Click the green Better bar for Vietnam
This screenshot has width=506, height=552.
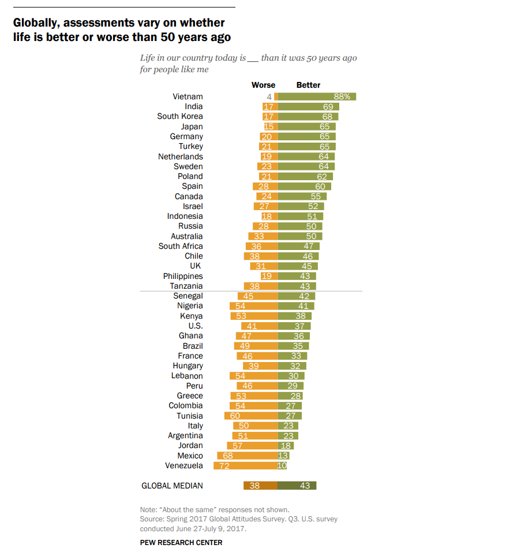tap(317, 96)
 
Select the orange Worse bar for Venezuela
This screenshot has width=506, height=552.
tap(245, 466)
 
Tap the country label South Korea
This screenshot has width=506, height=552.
tap(179, 116)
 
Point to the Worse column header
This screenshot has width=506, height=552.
tap(263, 85)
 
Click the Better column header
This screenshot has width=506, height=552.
tap(308, 85)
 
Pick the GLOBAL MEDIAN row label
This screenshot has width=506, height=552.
tap(172, 486)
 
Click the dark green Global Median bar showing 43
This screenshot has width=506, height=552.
tap(297, 486)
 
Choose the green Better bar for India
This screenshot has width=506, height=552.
tap(309, 106)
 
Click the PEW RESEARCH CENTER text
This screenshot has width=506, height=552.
tap(181, 542)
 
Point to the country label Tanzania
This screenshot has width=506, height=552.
tap(186, 286)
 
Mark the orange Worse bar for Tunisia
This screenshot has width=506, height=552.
tap(251, 416)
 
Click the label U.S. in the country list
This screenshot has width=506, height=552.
tap(195, 326)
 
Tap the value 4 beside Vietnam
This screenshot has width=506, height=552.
tap(269, 96)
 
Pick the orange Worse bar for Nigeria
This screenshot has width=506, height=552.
tap(253, 306)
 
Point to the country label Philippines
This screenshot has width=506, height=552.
tap(182, 276)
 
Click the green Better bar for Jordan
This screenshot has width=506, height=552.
tap(286, 446)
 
